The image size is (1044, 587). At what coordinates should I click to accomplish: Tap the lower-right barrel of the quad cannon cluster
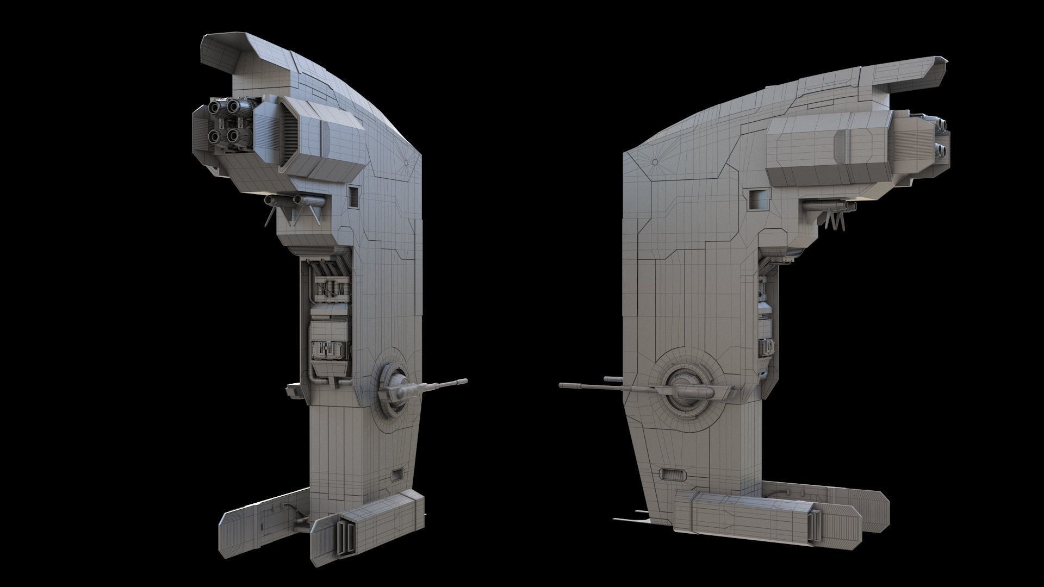tap(234, 135)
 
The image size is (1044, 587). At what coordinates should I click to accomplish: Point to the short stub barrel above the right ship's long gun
tap(610, 378)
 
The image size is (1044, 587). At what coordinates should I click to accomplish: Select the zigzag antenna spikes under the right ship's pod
tap(835, 221)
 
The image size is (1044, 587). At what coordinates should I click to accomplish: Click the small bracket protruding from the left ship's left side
tap(293, 390)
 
